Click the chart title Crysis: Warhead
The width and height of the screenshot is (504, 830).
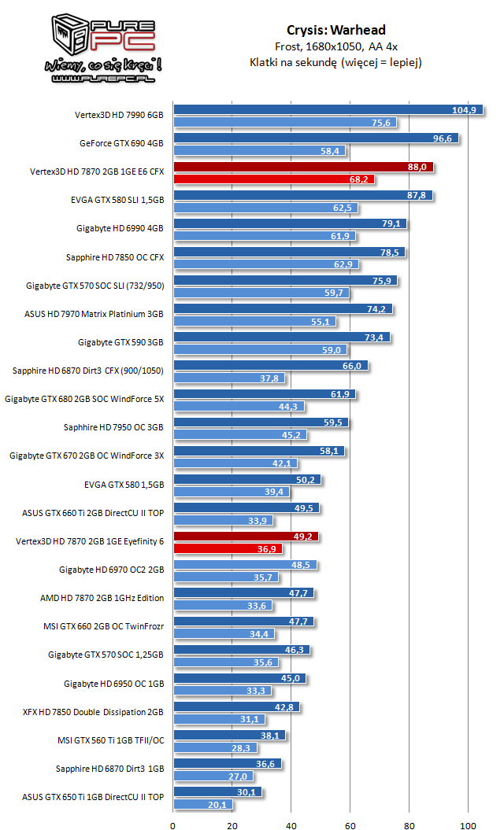[x=335, y=30]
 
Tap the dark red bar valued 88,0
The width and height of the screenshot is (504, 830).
[x=302, y=167]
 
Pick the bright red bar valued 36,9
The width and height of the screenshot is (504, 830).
[x=228, y=548]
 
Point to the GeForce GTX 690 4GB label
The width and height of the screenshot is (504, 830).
[x=121, y=143]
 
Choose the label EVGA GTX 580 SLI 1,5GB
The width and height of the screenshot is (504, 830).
[x=117, y=200]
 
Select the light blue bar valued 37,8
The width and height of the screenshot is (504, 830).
[x=229, y=378]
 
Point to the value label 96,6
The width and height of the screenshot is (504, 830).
[x=439, y=138]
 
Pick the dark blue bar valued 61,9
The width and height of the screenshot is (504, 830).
[x=265, y=394]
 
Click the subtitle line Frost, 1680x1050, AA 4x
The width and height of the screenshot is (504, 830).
[x=335, y=46]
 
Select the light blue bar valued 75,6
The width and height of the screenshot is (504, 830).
[x=284, y=122]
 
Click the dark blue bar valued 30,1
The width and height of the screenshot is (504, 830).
[x=217, y=792]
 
